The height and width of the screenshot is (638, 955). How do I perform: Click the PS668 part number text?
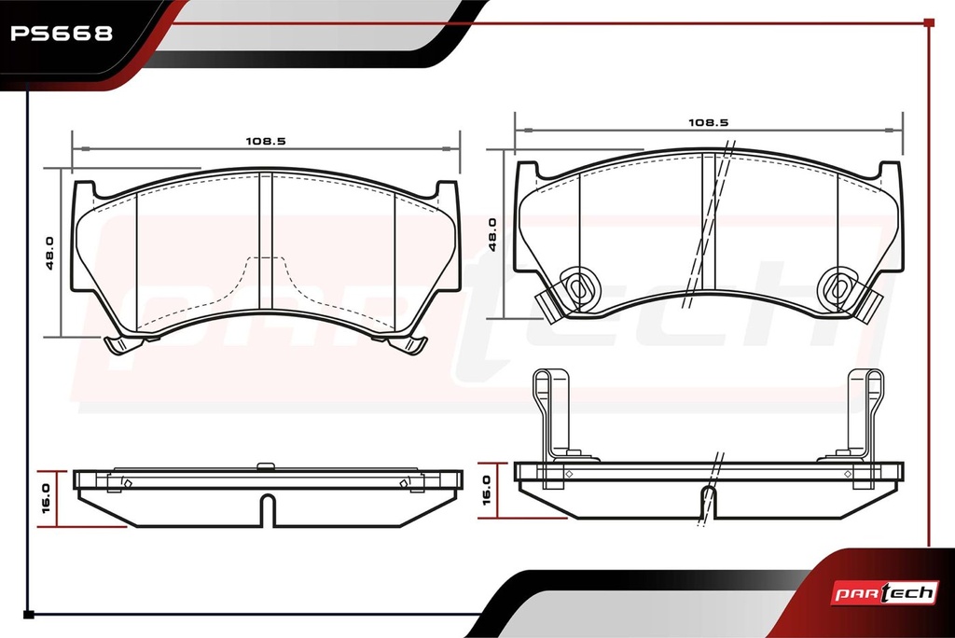click(62, 33)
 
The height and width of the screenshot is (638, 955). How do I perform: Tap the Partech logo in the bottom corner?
click(885, 593)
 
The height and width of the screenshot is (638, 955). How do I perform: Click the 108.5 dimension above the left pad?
click(266, 142)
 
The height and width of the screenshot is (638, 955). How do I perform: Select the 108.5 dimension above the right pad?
click(709, 122)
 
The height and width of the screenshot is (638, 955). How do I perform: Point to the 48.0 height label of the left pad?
click(50, 253)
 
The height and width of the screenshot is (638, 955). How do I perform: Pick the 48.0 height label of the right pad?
click(492, 234)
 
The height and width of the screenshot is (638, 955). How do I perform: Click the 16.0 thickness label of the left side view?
click(47, 498)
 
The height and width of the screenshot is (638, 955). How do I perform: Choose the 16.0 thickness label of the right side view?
click(487, 491)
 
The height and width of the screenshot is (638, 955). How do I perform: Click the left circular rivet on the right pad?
click(578, 287)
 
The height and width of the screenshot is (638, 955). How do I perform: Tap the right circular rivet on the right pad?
click(838, 287)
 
